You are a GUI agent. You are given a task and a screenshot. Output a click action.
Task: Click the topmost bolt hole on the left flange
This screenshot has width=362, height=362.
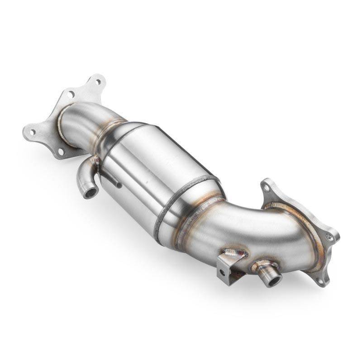(97, 82)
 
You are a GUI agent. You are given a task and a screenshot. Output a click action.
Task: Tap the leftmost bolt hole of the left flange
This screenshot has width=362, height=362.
(32, 132)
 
